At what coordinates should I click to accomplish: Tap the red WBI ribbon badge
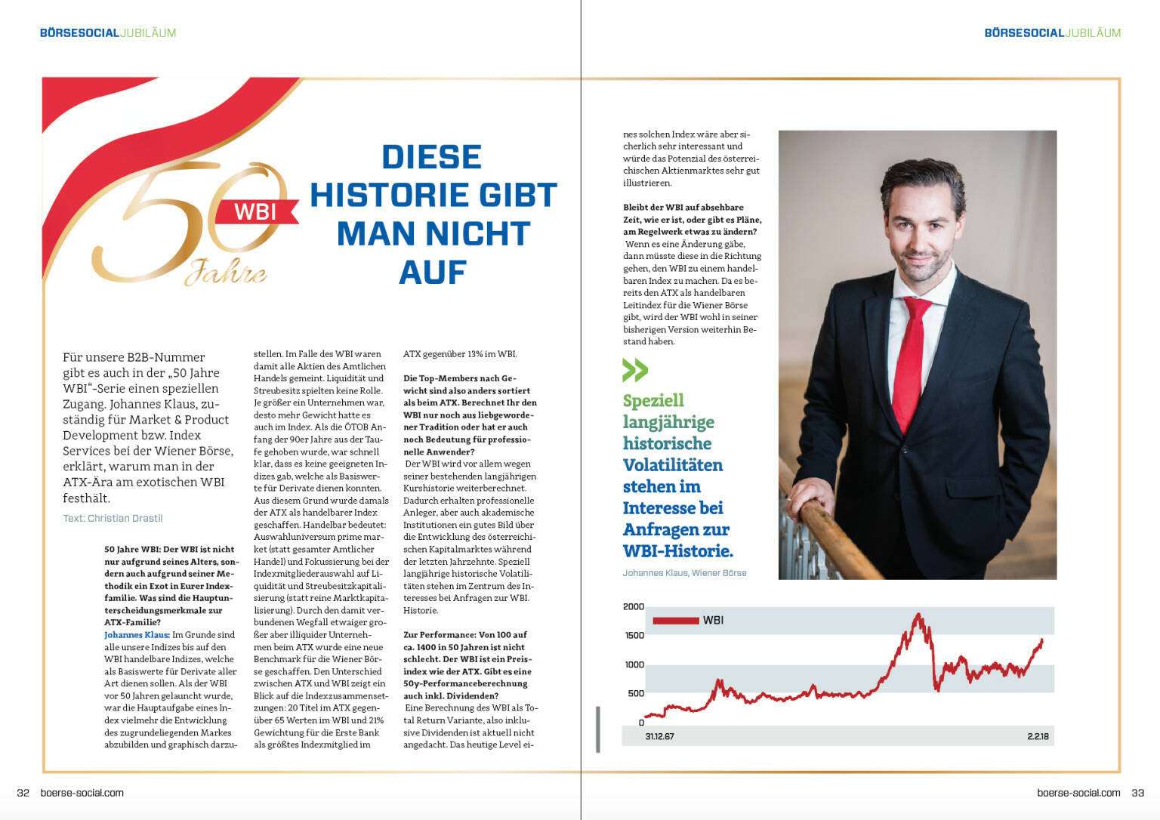[x=256, y=211]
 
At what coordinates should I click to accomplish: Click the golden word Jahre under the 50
[x=226, y=272]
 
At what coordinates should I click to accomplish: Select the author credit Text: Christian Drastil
[x=113, y=518]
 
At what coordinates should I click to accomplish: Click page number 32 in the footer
[x=23, y=793]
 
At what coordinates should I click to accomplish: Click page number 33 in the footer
[x=1137, y=793]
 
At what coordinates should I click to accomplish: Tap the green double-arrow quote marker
[x=635, y=370]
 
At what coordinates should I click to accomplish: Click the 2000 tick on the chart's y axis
[x=634, y=606]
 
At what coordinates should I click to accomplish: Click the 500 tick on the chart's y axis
[x=636, y=693]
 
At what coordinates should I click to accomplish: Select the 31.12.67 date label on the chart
[x=659, y=736]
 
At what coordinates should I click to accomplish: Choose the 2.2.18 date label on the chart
[x=1038, y=736]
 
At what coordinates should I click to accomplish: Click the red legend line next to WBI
[x=675, y=621]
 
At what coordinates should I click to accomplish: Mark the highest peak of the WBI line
[x=918, y=615]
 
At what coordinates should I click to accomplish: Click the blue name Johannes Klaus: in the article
[x=137, y=635]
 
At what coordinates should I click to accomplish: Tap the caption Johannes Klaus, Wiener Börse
[x=684, y=573]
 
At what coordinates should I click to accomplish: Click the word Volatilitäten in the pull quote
[x=672, y=465]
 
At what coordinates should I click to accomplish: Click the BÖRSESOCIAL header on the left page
[x=79, y=33]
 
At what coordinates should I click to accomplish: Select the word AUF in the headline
[x=433, y=273]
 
